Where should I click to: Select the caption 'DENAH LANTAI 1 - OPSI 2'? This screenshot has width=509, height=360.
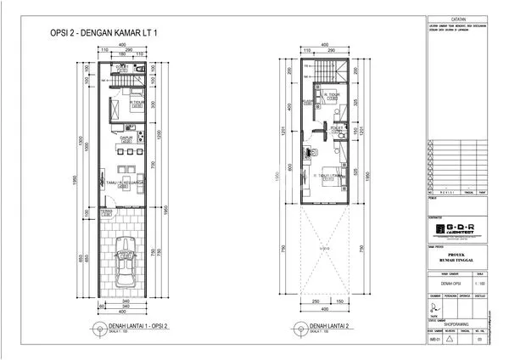[x=134, y=326]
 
